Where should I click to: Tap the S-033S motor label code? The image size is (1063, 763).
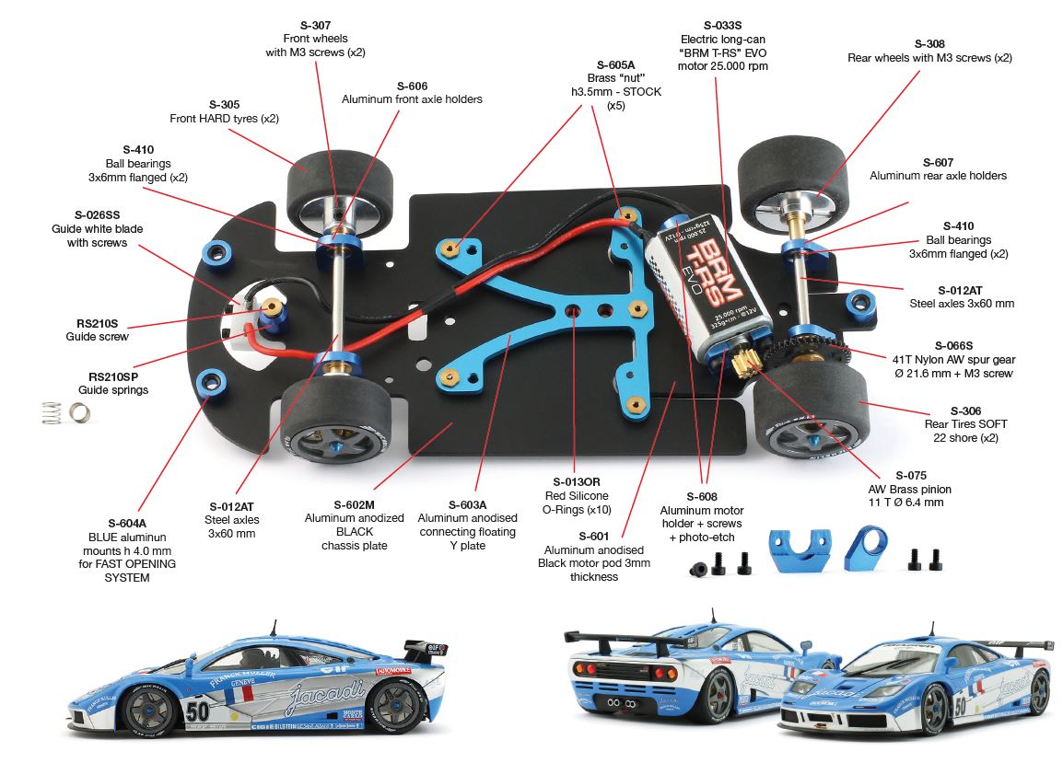point(723,25)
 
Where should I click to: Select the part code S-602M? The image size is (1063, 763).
point(354,504)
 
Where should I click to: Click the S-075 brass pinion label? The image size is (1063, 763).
point(909,476)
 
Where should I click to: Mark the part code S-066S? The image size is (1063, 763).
point(955,345)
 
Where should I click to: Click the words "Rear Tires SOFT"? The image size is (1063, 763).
point(965,424)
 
